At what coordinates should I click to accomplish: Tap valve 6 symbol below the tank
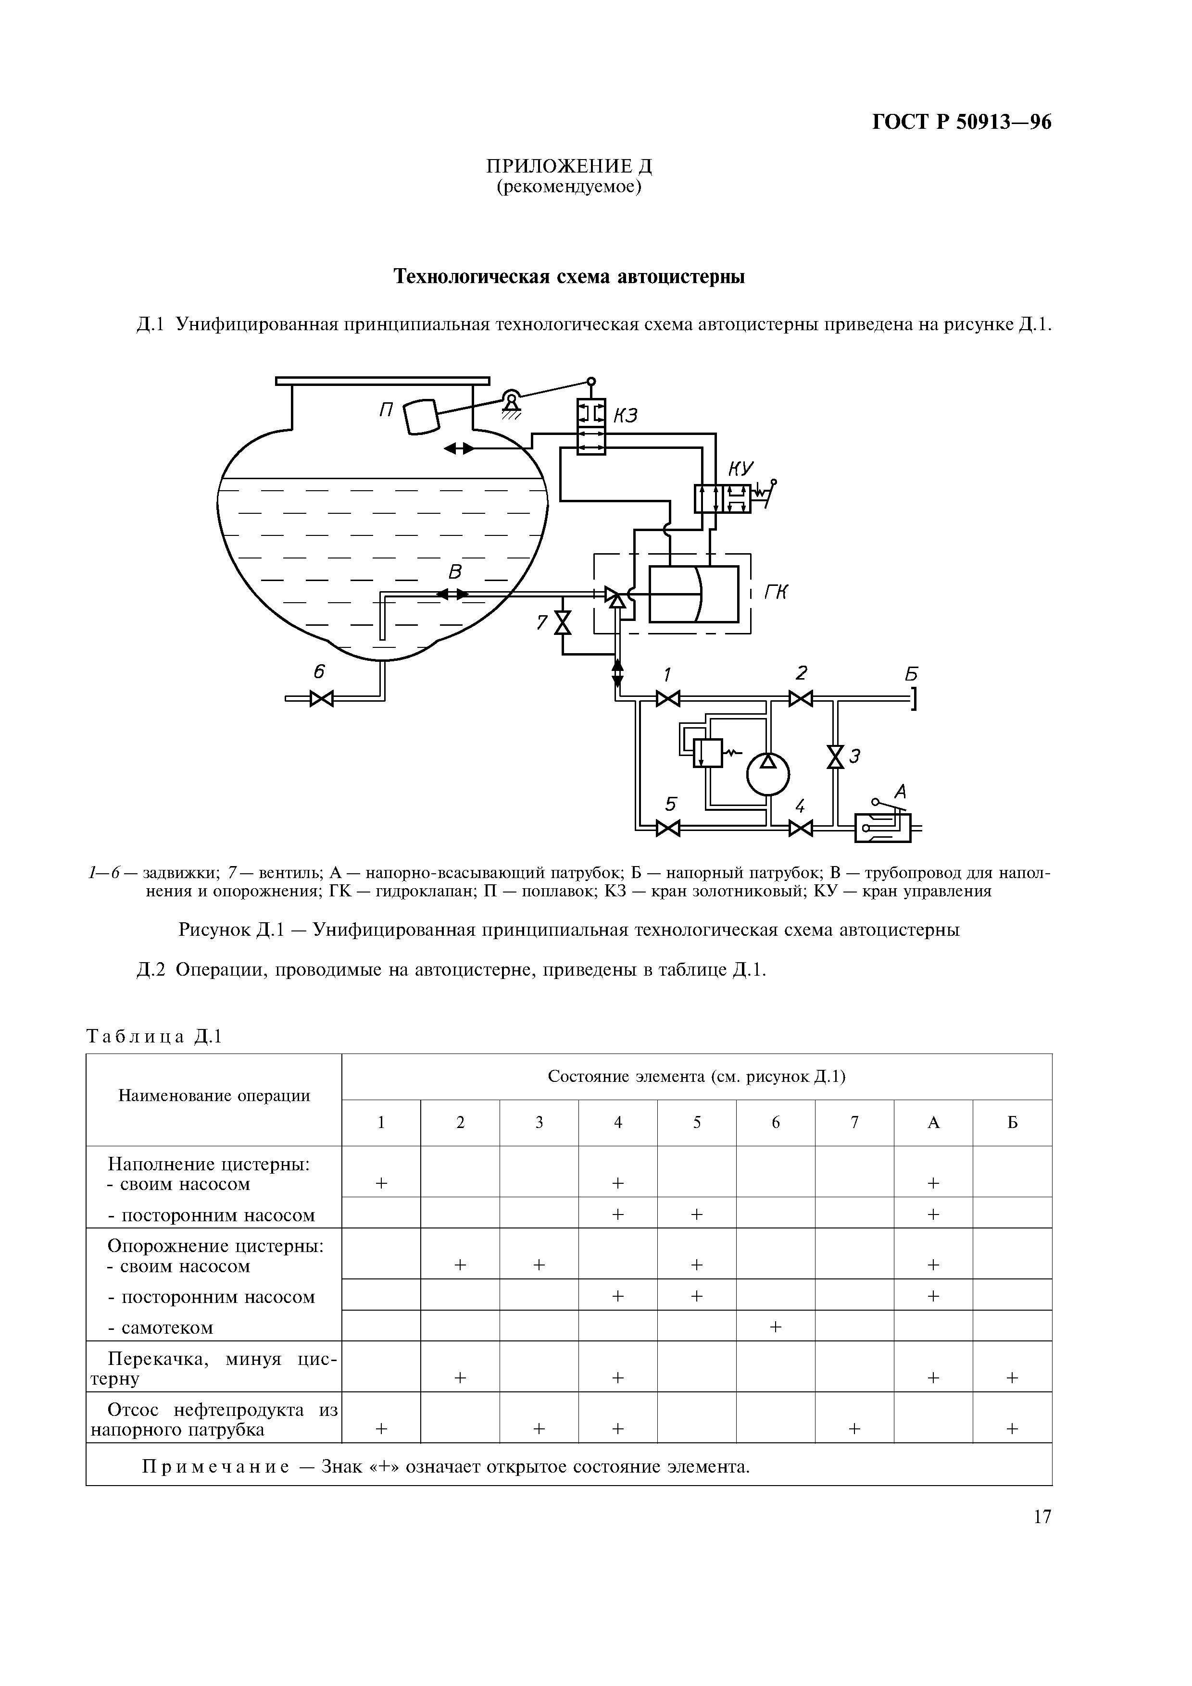pyautogui.click(x=321, y=698)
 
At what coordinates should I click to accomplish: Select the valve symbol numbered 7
pyautogui.click(x=563, y=623)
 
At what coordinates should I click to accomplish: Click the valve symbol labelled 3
pyautogui.click(x=835, y=756)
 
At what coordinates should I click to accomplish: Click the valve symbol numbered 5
pyautogui.click(x=667, y=828)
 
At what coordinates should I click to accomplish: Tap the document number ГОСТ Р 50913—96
pyautogui.click(x=961, y=122)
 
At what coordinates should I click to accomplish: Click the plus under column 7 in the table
pyautogui.click(x=854, y=1428)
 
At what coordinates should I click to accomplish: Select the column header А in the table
pyautogui.click(x=933, y=1122)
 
